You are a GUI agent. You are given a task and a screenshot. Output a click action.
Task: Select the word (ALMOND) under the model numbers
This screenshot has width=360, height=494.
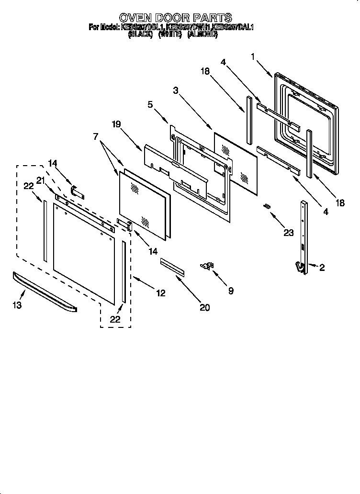tap(202, 35)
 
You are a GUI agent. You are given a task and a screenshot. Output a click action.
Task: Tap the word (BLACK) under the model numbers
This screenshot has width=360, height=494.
tap(140, 35)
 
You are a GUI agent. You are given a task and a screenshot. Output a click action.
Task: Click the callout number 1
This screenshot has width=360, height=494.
tap(253, 56)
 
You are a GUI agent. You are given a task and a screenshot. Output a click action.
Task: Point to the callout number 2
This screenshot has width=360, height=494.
tap(321, 268)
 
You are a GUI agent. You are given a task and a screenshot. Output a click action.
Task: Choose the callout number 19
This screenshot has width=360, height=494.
tap(116, 124)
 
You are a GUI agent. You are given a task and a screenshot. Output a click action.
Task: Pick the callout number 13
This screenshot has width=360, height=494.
tap(17, 304)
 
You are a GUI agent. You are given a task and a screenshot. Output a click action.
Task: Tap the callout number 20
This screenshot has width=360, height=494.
tap(204, 307)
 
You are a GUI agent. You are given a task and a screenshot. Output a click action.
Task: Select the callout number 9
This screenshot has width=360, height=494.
tap(231, 291)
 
